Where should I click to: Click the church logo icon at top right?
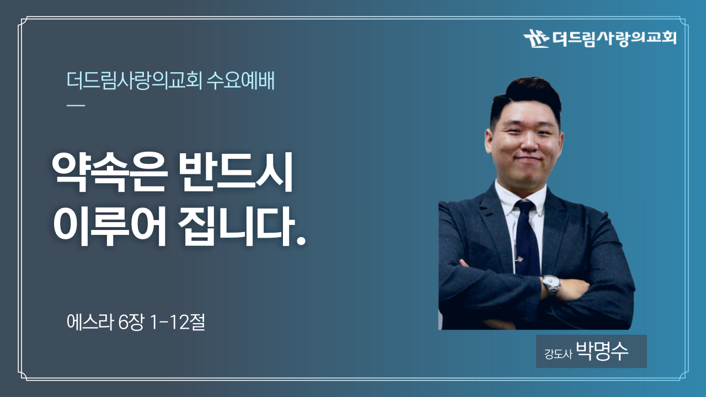[x=536, y=38]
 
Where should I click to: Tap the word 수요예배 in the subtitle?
[x=240, y=81]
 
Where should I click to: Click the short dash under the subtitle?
[x=76, y=105]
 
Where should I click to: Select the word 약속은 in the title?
[x=109, y=172]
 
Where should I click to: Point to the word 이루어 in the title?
[x=109, y=226]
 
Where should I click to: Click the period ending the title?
[x=301, y=241]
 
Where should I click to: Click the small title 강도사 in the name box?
[x=558, y=354]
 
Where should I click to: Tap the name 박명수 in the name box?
[x=602, y=351]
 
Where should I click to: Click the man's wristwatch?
[x=552, y=285]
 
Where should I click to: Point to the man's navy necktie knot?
[x=525, y=207]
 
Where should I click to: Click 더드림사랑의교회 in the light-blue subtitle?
[x=134, y=81]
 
